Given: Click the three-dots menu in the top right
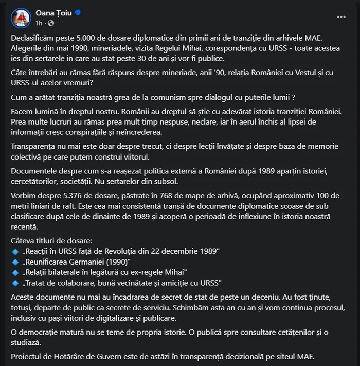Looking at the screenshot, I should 341,16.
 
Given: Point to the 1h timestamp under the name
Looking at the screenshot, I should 39,23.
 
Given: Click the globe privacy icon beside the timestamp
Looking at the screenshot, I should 51,23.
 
